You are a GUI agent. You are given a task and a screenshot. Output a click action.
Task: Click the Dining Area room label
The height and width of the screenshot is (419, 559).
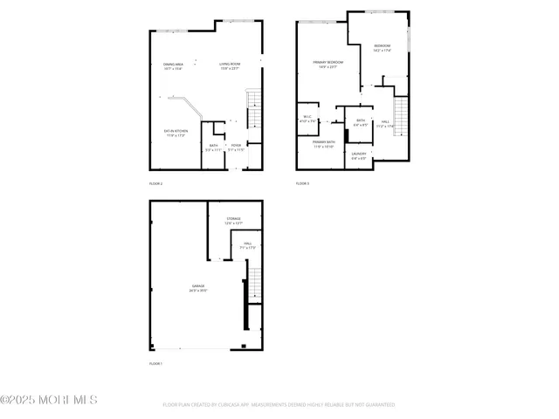[x=173, y=65]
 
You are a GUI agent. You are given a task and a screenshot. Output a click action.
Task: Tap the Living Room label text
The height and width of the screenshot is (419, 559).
[x=230, y=65]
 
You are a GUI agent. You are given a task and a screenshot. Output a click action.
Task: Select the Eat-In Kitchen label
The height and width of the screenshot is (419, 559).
[x=176, y=133]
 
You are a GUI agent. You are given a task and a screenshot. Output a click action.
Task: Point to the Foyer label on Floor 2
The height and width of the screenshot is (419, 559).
[x=236, y=148]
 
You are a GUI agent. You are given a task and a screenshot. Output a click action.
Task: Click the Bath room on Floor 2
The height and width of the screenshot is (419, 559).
[x=212, y=149]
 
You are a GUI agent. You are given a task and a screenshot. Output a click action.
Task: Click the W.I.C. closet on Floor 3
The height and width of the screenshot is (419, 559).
[x=307, y=119]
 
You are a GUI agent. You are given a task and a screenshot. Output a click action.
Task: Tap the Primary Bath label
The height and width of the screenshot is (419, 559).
[x=324, y=143]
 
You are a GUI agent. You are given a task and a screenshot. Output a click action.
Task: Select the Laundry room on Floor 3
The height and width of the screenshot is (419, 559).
[x=359, y=156]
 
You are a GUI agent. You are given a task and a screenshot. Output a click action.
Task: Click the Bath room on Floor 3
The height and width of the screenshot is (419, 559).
[x=360, y=122]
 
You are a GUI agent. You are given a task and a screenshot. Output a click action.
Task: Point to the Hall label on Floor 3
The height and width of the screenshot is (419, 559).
[x=385, y=124]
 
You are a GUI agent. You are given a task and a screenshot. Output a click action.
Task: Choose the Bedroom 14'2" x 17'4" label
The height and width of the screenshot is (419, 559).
[x=382, y=48]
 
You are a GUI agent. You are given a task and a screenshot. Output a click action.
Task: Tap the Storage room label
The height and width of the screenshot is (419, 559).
[x=232, y=220]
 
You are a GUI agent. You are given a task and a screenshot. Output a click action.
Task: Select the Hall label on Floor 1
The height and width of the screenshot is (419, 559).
[x=247, y=245]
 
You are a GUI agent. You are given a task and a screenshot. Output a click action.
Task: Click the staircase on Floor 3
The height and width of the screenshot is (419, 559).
[x=401, y=113]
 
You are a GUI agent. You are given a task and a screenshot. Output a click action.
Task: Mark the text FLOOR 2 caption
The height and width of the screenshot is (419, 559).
[x=156, y=183]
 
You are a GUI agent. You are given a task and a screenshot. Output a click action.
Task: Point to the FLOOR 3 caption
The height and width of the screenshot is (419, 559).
[x=302, y=183]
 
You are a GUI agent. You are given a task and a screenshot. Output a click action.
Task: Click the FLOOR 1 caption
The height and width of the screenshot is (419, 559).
[x=156, y=363]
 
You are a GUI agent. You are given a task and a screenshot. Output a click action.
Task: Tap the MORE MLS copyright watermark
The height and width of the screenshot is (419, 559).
[x=49, y=400]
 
